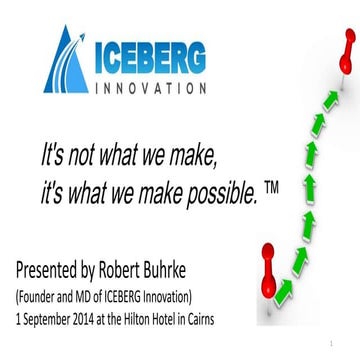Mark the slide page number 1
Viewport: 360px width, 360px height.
pyautogui.click(x=342, y=343)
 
